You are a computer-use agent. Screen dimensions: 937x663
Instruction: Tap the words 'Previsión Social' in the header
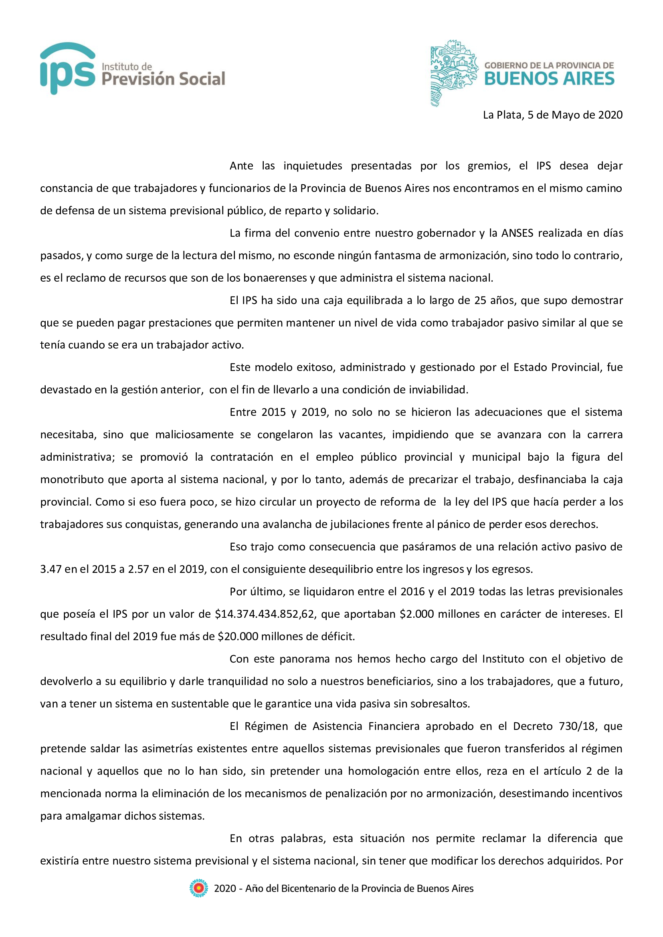(163, 79)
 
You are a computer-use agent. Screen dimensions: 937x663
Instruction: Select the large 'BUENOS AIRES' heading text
(549, 79)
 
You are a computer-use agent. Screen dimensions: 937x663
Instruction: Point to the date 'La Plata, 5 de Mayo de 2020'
(553, 115)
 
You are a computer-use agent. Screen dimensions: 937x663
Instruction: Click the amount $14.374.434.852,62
(265, 614)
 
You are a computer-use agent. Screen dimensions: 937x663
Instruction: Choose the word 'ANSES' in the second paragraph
(517, 233)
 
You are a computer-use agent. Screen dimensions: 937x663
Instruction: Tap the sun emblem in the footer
(198, 889)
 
